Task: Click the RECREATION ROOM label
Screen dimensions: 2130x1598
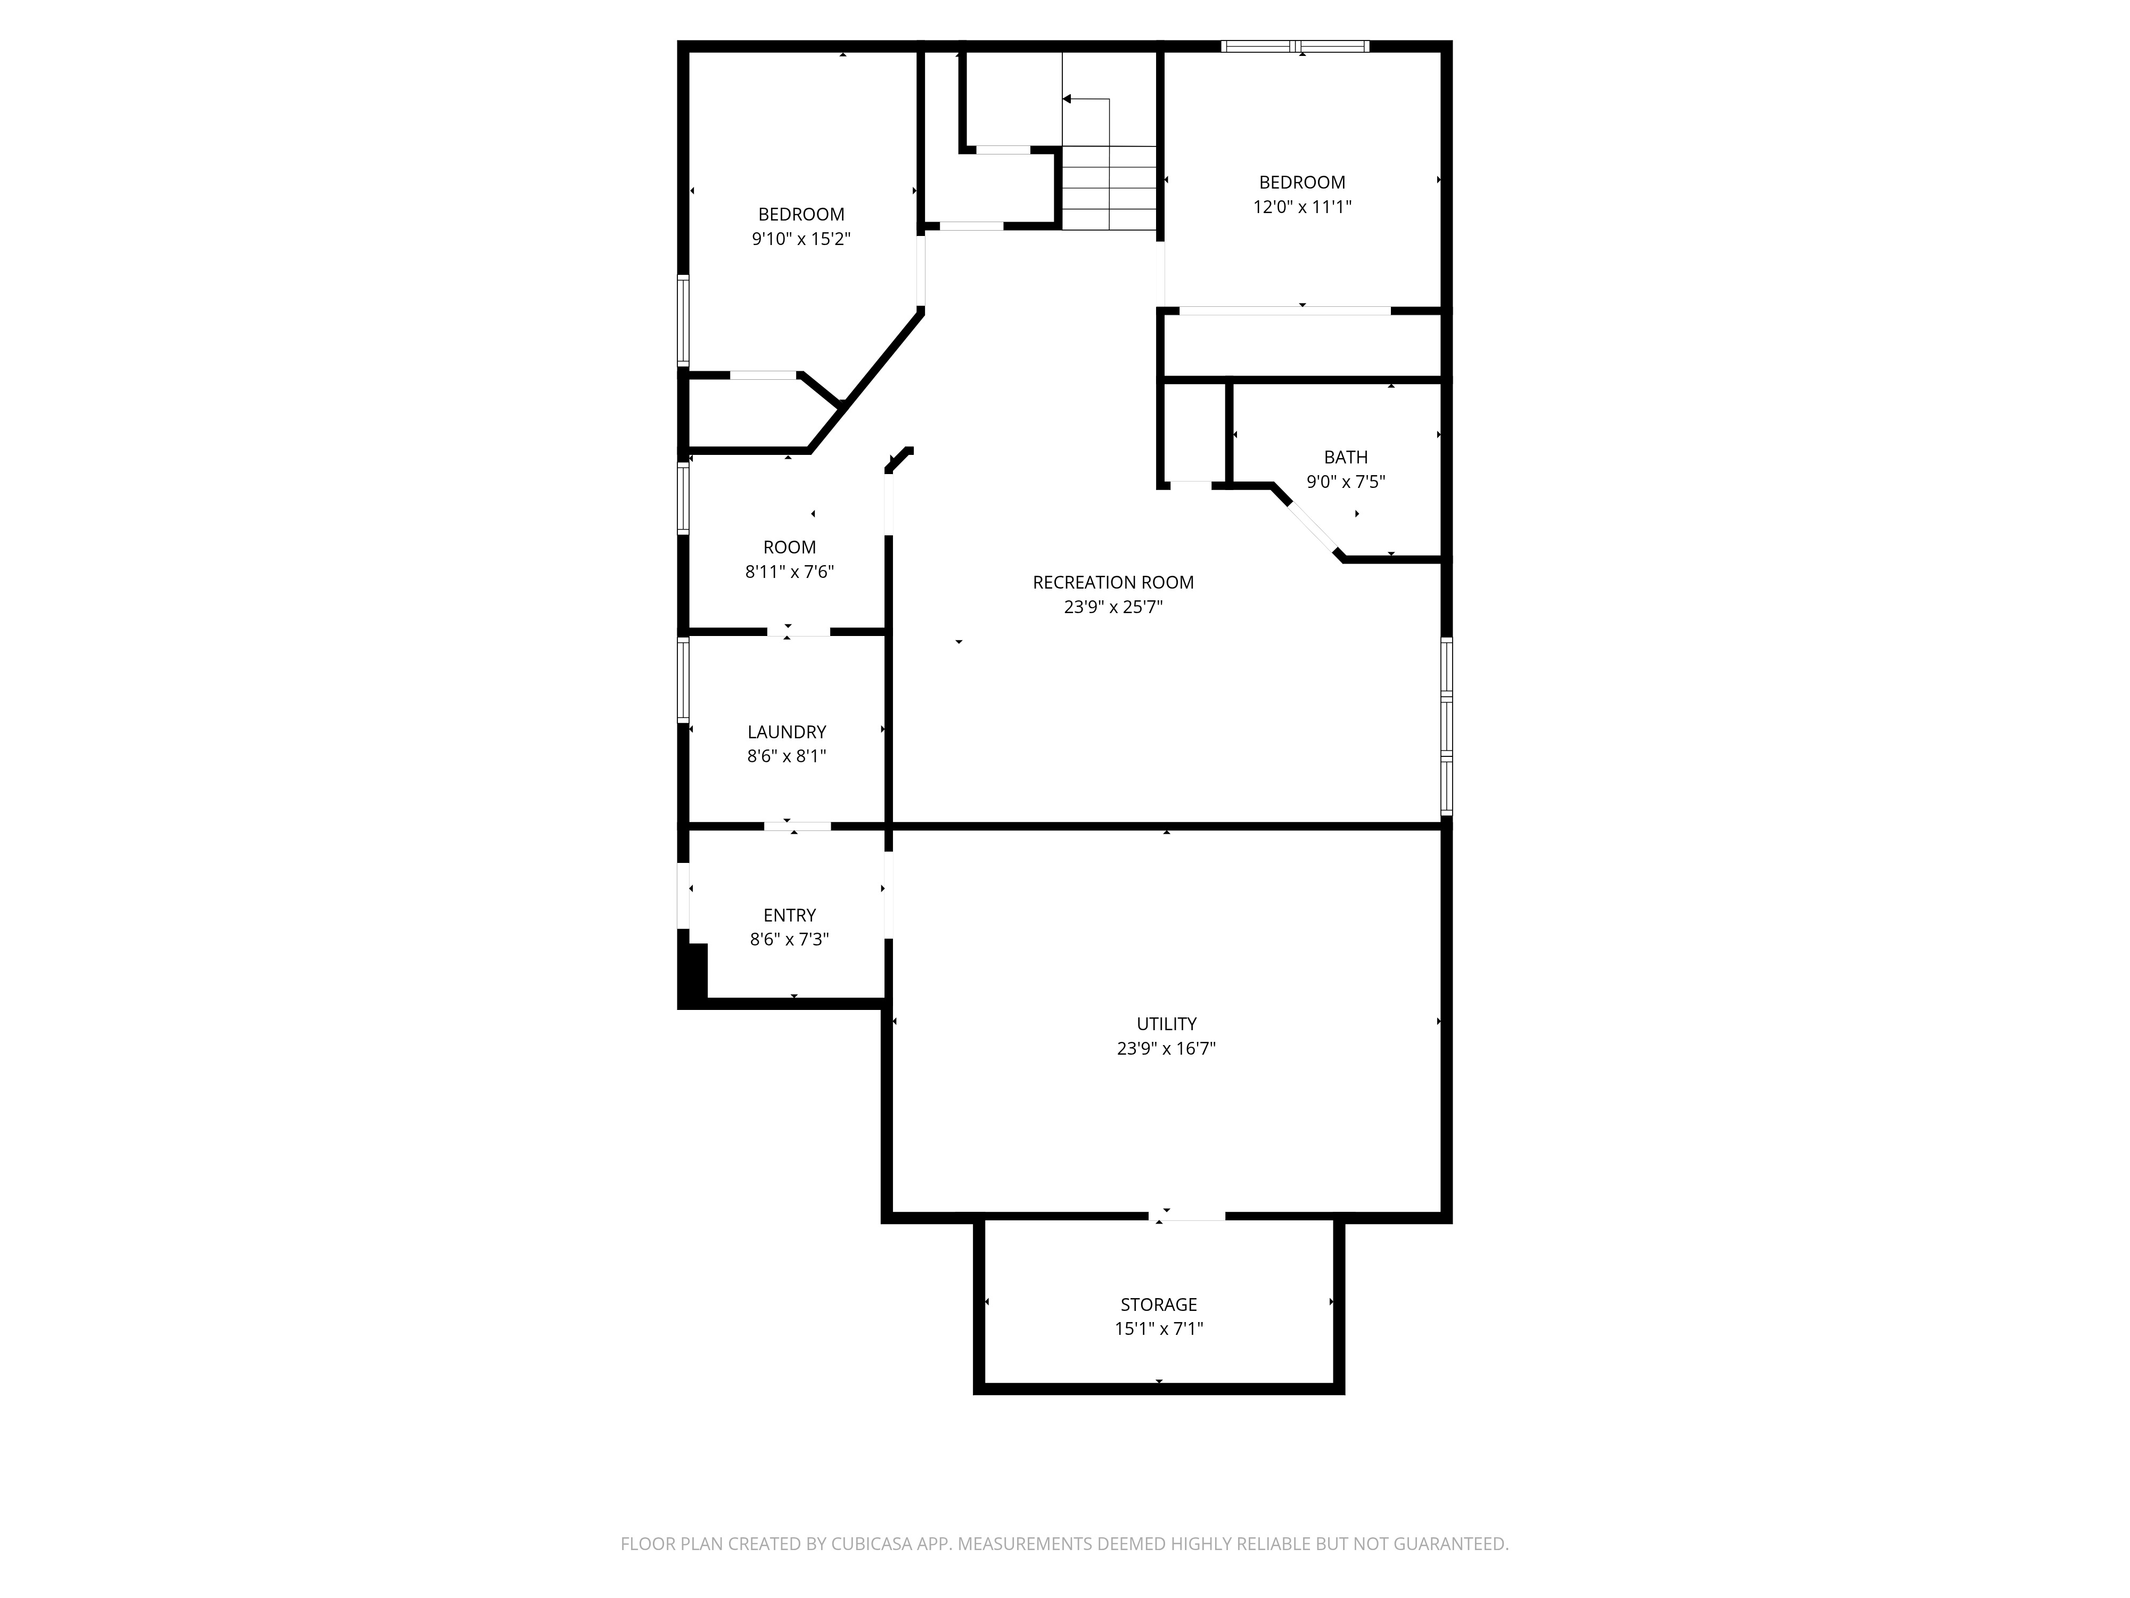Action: coord(1113,583)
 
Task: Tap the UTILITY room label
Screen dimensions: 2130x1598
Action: coord(1166,1024)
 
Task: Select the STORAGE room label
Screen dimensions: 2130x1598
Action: coord(1158,1304)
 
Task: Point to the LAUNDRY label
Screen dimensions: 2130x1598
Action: coord(787,732)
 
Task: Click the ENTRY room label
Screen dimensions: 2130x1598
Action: coord(790,915)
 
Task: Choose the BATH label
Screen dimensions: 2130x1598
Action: coord(1345,458)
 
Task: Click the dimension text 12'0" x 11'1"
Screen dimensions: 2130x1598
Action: coord(1302,206)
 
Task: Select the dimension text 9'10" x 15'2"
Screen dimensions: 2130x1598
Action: coord(801,239)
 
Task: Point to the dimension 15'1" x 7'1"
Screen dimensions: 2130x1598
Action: coord(1158,1329)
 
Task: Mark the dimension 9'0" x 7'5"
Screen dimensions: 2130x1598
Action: coord(1345,482)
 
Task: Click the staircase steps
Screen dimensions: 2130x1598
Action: coord(1109,188)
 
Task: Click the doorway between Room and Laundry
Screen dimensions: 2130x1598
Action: coord(798,632)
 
